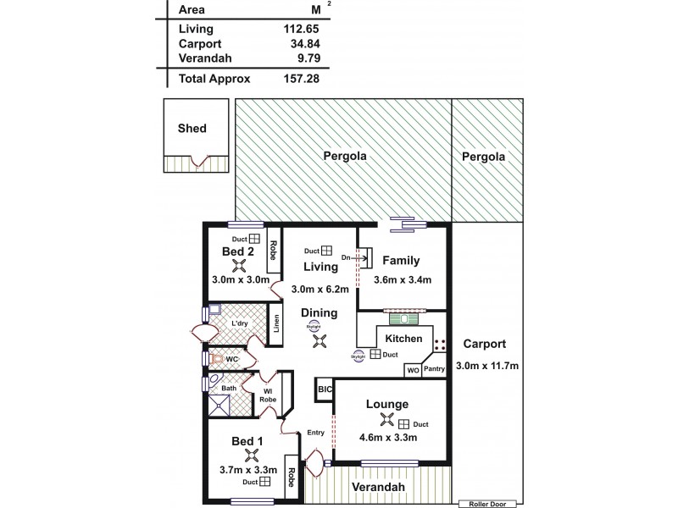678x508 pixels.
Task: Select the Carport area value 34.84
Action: (289, 43)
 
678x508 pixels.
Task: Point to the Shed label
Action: (192, 129)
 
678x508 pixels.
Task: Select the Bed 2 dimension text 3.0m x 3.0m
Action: (240, 280)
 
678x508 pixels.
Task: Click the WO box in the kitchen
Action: (412, 370)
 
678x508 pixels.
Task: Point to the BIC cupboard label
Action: (324, 390)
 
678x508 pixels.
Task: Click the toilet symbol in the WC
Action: (218, 357)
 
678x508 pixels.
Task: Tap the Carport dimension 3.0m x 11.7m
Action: (486, 365)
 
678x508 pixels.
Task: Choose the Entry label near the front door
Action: (315, 433)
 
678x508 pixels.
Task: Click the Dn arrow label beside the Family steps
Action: (346, 257)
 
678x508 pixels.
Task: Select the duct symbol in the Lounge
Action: (405, 423)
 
